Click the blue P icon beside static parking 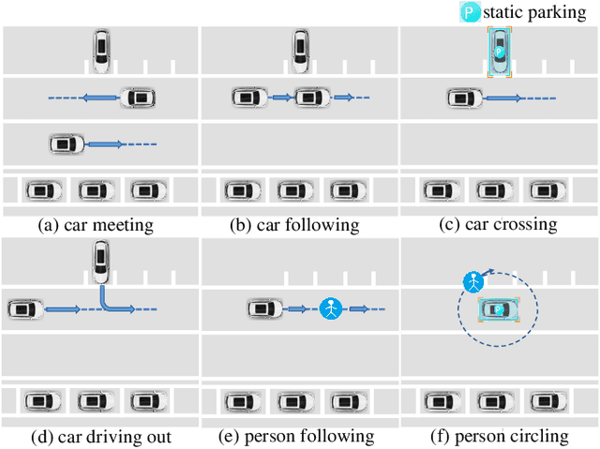pos(469,12)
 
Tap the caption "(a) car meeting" pos(96,225)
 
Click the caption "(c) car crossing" pos(497,225)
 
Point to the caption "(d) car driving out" pos(101,437)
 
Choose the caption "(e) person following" pos(298,437)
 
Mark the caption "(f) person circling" pos(500,437)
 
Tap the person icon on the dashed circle pos(474,281)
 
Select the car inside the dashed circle pos(500,308)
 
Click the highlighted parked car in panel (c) pos(499,51)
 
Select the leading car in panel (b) pos(312,97)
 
